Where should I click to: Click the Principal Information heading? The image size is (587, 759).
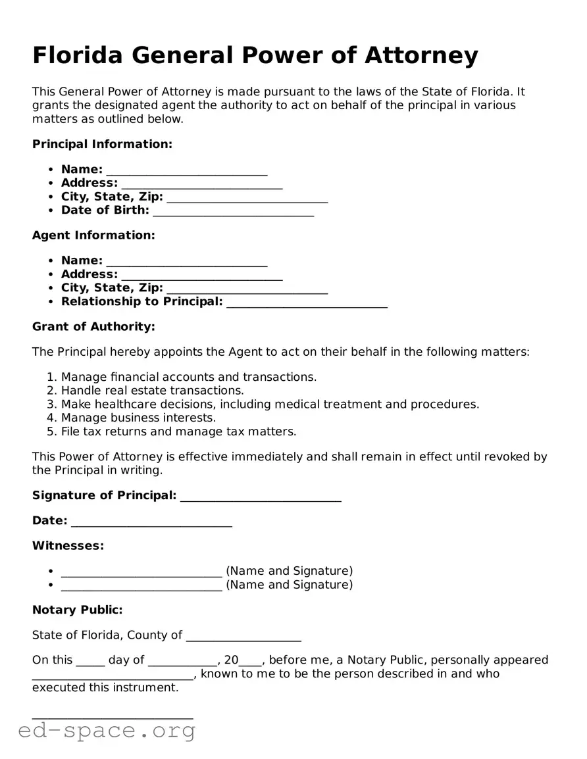pos(102,144)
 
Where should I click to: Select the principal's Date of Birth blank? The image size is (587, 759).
pos(233,212)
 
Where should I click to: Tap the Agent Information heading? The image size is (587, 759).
pos(93,235)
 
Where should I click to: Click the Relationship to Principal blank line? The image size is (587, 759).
pos(307,303)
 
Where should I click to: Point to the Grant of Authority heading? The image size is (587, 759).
pos(93,327)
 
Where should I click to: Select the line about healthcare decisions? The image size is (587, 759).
pos(270,404)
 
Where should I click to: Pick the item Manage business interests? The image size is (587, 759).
pos(138,418)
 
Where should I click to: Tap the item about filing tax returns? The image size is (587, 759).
pos(178,432)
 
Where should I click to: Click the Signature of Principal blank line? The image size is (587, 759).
pos(261,497)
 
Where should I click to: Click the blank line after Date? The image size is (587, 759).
pos(151,523)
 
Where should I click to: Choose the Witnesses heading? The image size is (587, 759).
pos(68,546)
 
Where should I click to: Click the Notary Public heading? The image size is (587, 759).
pos(77,610)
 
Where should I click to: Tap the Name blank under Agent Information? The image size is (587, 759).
pos(187,262)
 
